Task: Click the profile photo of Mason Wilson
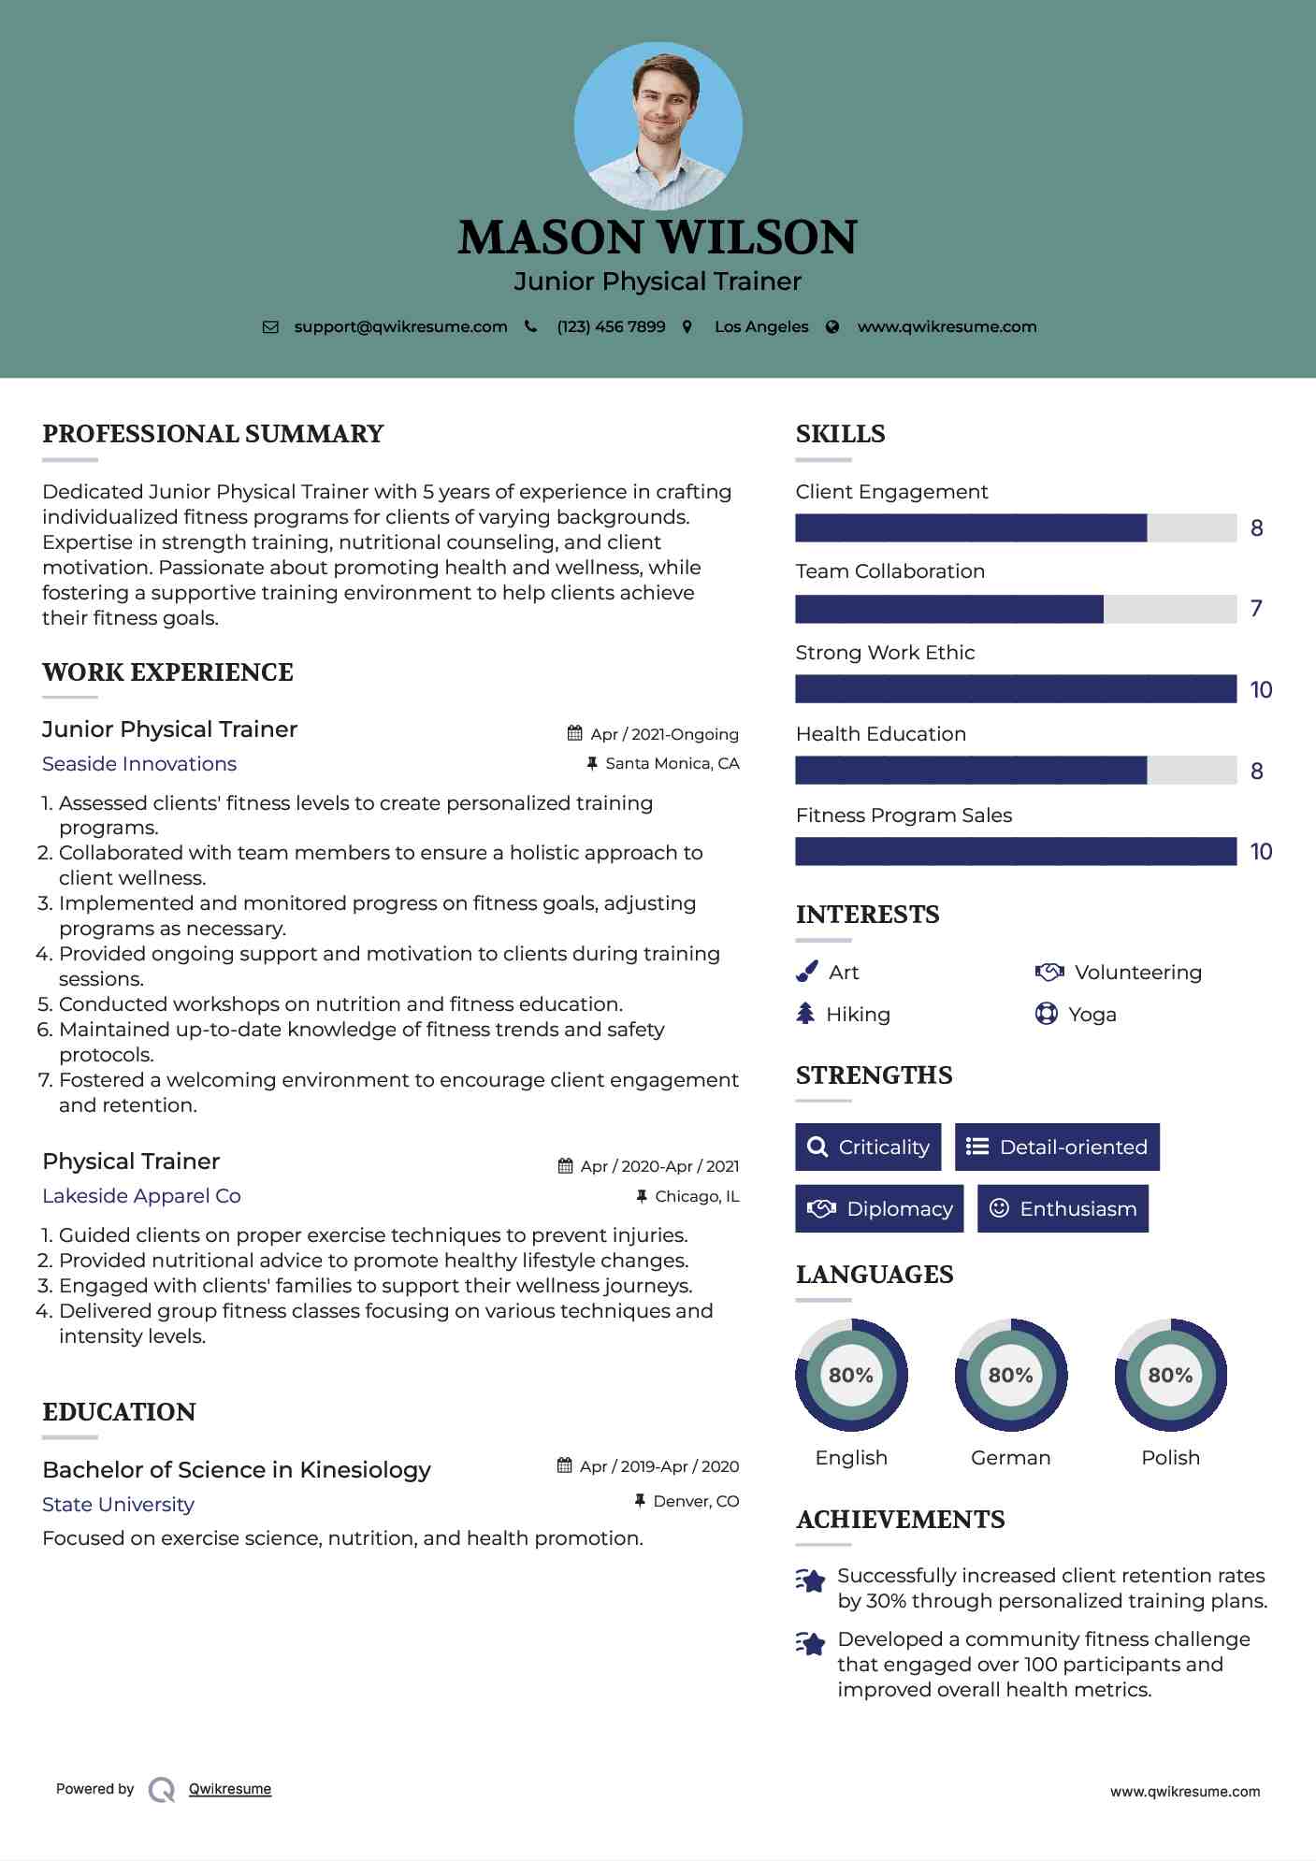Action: (658, 126)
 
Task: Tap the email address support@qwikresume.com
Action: (400, 326)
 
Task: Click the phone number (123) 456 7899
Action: (611, 326)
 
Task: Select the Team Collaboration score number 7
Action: (1256, 609)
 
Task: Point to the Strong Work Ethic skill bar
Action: (1015, 689)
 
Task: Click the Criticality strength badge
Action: (868, 1147)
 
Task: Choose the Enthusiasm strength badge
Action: (1063, 1208)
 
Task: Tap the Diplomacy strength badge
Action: (879, 1208)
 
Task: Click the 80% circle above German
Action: (1010, 1375)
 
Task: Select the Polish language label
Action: (1170, 1457)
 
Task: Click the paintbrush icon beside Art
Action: (806, 973)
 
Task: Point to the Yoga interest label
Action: (1092, 1015)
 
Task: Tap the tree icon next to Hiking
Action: (805, 1014)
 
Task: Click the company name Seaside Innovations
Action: (139, 764)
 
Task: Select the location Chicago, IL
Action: (697, 1196)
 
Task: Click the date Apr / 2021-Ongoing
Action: (664, 734)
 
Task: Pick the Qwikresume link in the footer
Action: (230, 1789)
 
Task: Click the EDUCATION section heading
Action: (119, 1411)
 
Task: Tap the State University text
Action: (118, 1504)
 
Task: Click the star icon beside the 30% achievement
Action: (810, 1580)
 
